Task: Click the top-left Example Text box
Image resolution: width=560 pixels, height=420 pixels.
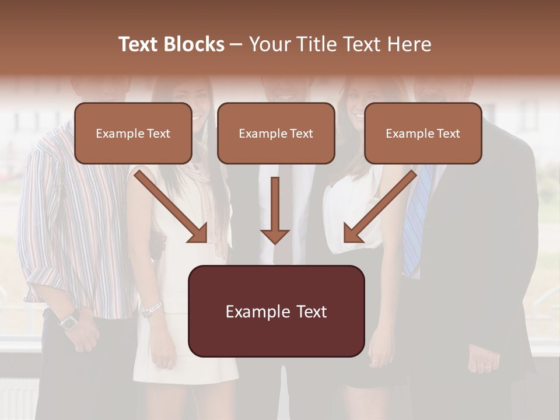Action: [133, 133]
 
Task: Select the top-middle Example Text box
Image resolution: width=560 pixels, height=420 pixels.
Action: [276, 133]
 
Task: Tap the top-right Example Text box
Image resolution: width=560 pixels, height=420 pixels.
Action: [423, 133]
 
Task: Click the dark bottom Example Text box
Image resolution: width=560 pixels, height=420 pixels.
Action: [276, 311]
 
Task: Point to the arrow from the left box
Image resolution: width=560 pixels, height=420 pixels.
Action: [169, 204]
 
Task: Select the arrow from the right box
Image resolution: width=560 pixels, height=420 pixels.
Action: [382, 204]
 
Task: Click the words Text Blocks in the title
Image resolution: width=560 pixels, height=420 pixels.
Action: [171, 44]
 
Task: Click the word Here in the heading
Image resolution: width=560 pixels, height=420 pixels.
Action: [408, 44]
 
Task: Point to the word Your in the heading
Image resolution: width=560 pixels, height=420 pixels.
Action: [269, 44]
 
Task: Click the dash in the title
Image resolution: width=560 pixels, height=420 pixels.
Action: [237, 44]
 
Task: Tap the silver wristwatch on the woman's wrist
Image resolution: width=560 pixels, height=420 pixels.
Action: [152, 309]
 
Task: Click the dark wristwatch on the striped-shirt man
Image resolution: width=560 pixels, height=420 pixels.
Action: [71, 320]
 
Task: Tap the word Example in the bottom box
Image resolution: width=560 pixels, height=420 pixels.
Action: [254, 311]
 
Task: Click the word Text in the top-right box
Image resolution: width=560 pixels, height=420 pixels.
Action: [448, 133]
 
